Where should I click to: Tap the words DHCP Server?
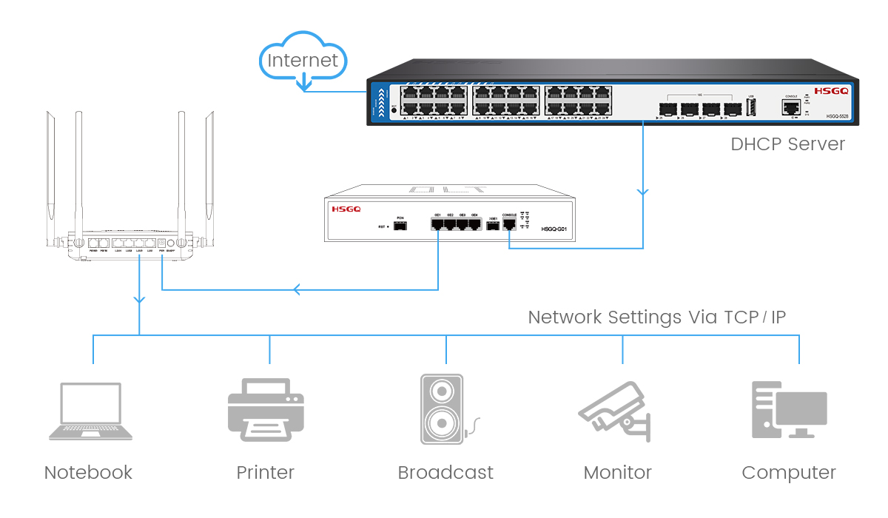[787, 144]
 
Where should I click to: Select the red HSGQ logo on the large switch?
[830, 91]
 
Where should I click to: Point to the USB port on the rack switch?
[751, 109]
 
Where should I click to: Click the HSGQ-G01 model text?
[554, 229]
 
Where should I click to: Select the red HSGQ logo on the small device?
[346, 209]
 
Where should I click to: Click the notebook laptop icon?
[90, 412]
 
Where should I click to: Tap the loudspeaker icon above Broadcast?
[443, 409]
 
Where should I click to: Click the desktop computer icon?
[788, 411]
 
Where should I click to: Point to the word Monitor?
[617, 473]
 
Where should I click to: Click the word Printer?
[265, 473]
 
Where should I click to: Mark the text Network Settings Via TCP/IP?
[656, 317]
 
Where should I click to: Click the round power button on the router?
[170, 243]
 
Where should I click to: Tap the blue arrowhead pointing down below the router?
[139, 299]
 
